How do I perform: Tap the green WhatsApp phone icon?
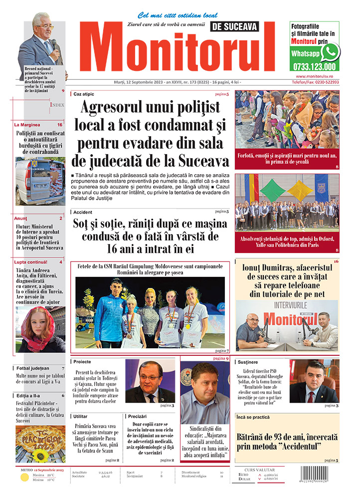point(330,51)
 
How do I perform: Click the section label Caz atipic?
point(84,94)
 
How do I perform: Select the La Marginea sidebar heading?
point(27,125)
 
